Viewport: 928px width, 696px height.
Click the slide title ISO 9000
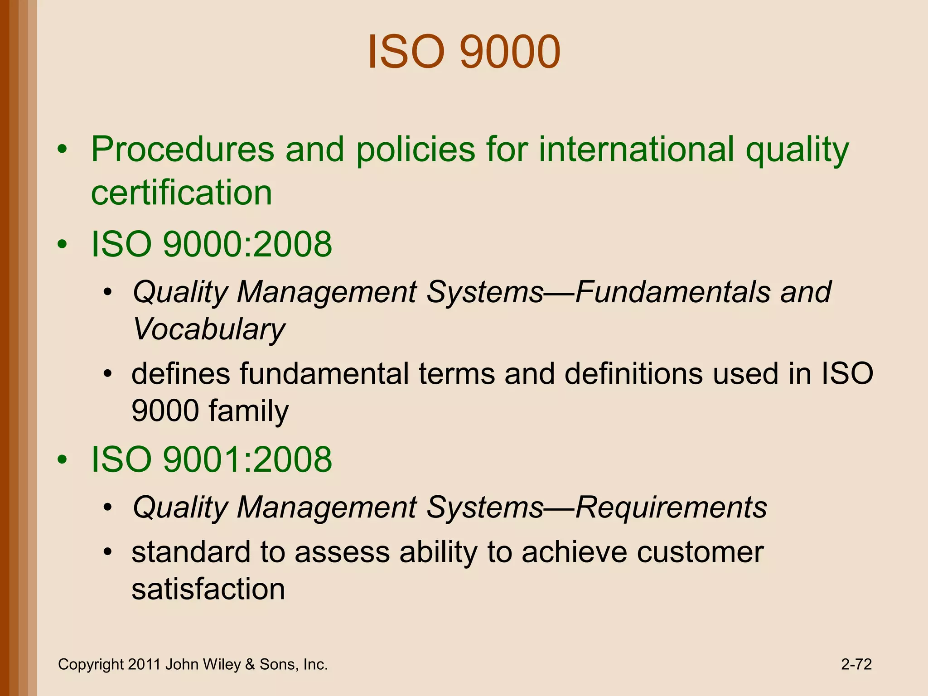click(x=464, y=52)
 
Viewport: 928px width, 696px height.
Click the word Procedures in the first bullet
click(x=182, y=150)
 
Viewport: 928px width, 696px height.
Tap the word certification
click(x=181, y=193)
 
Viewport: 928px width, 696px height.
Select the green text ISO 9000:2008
click(x=212, y=244)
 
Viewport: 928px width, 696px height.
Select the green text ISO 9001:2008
click(x=212, y=459)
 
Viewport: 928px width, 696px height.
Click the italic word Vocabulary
click(x=209, y=329)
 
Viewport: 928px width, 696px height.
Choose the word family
click(x=248, y=411)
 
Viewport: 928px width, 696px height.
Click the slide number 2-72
click(x=856, y=664)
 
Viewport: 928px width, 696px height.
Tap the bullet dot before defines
click(x=107, y=374)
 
